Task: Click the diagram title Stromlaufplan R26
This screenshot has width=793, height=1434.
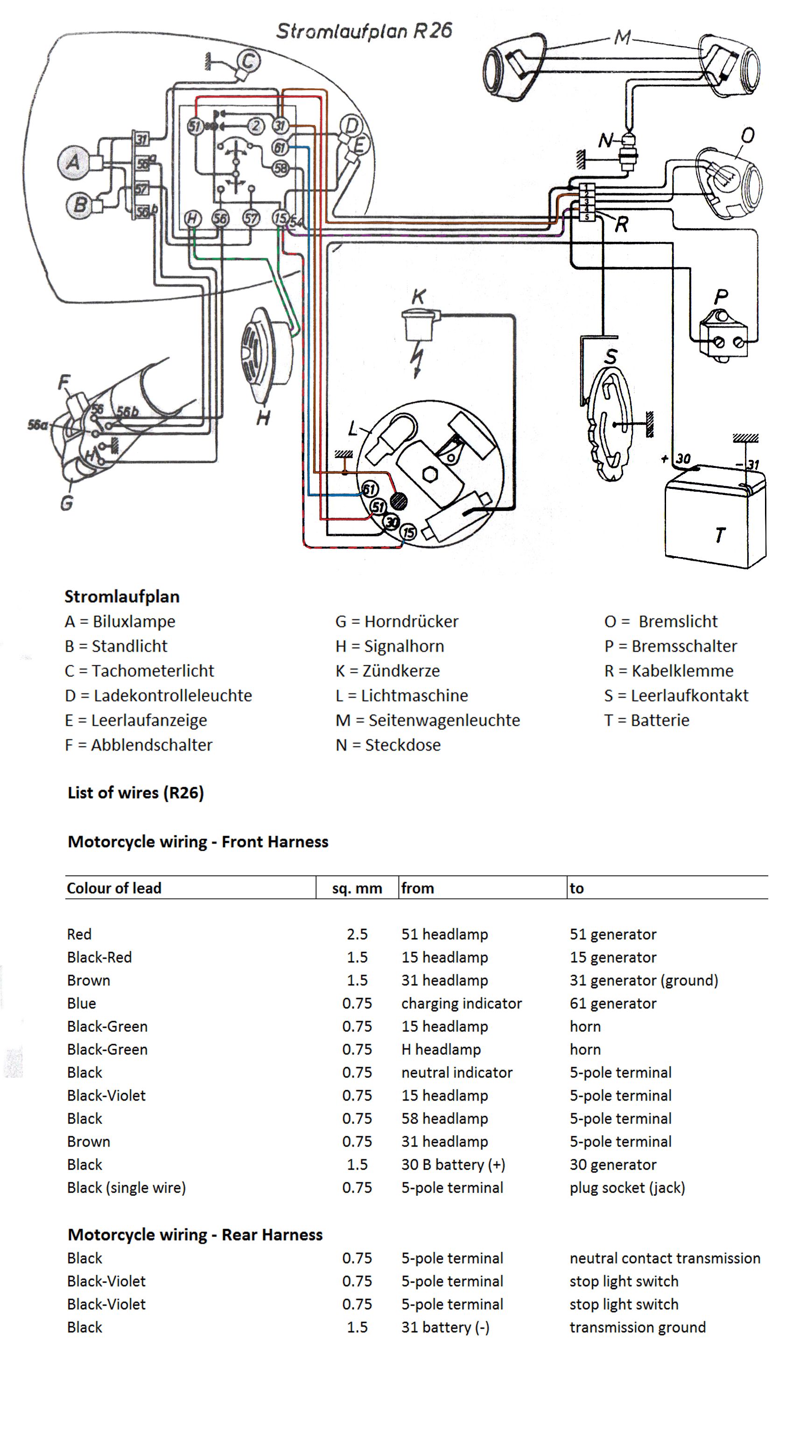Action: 364,31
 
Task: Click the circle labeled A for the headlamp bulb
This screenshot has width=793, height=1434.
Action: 73,162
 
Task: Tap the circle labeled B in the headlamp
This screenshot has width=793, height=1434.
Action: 79,205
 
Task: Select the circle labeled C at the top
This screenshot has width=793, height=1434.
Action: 248,61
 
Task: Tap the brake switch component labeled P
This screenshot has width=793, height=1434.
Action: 723,337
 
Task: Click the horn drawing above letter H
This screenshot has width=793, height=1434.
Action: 266,356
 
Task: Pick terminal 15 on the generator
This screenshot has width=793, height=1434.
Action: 409,532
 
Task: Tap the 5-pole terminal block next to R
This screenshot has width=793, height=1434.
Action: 587,203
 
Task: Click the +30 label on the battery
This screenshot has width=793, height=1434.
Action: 680,459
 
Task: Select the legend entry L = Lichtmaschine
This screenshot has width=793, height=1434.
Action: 401,695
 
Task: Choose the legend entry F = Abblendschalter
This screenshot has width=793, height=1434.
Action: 139,745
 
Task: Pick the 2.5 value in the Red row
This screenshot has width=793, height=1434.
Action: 357,934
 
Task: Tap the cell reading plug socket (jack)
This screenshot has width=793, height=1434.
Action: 627,1187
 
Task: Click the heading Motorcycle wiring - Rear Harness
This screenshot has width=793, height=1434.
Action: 195,1234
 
